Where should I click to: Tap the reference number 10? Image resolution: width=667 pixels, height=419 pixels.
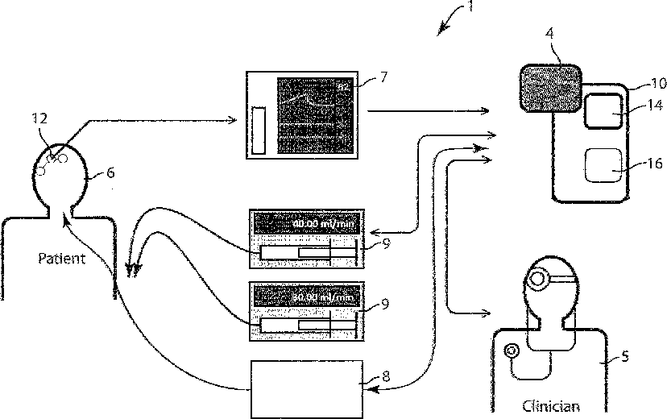658,83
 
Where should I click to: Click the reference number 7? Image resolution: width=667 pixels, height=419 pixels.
383,77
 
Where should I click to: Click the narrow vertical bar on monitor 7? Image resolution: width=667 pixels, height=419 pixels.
259,129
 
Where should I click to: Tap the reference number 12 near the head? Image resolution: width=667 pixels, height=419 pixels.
39,118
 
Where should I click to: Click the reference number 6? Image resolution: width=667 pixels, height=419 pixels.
110,171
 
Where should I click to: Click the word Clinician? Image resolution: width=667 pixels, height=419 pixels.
551,406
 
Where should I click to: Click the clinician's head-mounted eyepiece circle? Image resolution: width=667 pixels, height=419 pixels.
536,280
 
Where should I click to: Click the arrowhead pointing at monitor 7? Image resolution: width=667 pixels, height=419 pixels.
234,122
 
